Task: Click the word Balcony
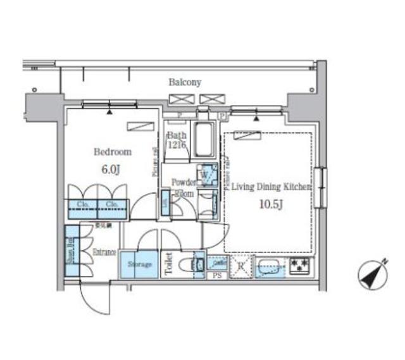[x=185, y=82]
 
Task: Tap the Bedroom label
[x=113, y=152]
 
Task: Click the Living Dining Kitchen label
[x=271, y=187]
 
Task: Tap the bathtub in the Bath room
[x=204, y=140]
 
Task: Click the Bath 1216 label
[x=176, y=140]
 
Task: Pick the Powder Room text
[x=184, y=187]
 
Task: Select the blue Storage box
[x=140, y=264]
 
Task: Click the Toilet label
[x=169, y=263]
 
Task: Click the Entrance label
[x=105, y=252]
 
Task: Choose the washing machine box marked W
[x=206, y=173]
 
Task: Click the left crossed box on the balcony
[x=178, y=99]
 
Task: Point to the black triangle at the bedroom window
[x=111, y=113]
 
